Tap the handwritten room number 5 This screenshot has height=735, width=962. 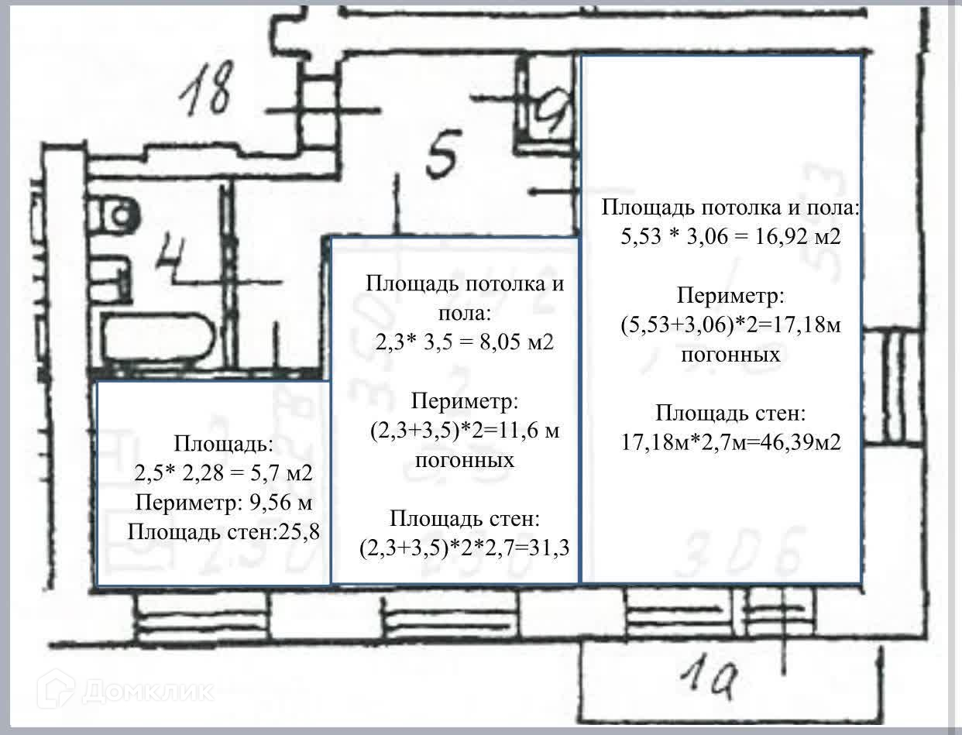point(443,153)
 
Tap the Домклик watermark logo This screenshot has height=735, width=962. point(129,688)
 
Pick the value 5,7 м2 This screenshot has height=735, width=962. point(280,472)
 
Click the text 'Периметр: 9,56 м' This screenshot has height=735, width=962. point(223,502)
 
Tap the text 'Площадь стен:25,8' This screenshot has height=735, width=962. point(223,531)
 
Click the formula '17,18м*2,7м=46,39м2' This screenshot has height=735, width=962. point(731,441)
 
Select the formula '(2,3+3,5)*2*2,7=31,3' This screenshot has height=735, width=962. point(465,548)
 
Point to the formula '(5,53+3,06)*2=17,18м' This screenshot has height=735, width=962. point(730,325)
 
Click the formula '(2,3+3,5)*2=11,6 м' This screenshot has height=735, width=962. point(465,431)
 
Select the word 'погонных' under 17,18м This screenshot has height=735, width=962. point(730,355)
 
